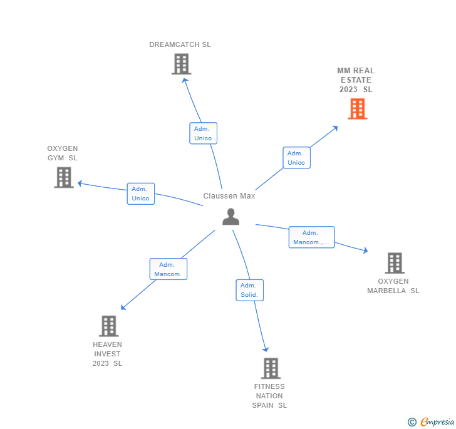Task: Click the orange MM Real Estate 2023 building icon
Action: pos(357,109)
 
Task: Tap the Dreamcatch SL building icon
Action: pos(181,64)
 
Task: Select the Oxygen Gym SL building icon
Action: pos(64,177)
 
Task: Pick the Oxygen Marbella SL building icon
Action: pos(394,263)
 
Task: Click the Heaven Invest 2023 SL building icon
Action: pos(108,326)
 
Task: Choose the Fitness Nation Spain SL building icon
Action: pos(270,368)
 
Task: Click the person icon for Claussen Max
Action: pos(231,217)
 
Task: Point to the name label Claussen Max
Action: pos(229,196)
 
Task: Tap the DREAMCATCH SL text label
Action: pos(180,44)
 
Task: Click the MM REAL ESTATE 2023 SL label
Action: pos(356,80)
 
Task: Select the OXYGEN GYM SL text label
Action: pos(63,153)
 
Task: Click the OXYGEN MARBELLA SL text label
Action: pos(393,286)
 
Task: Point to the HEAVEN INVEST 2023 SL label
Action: pos(107,354)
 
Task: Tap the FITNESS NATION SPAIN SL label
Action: pos(269,396)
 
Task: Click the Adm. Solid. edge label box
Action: pos(249,290)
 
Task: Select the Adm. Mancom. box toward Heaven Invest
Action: pos(168,269)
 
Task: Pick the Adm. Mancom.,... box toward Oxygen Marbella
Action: pos(311,237)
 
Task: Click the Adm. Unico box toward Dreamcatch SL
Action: pos(203,133)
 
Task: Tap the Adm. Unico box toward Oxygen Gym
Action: pos(140,194)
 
